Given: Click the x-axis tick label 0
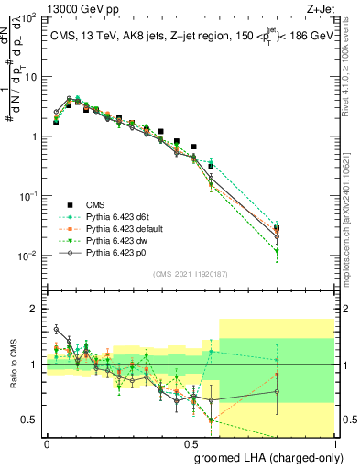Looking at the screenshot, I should click(x=47, y=442).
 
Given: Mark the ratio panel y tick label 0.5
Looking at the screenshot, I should click(x=31, y=420).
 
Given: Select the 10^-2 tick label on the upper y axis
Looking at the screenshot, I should click(x=28, y=256).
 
